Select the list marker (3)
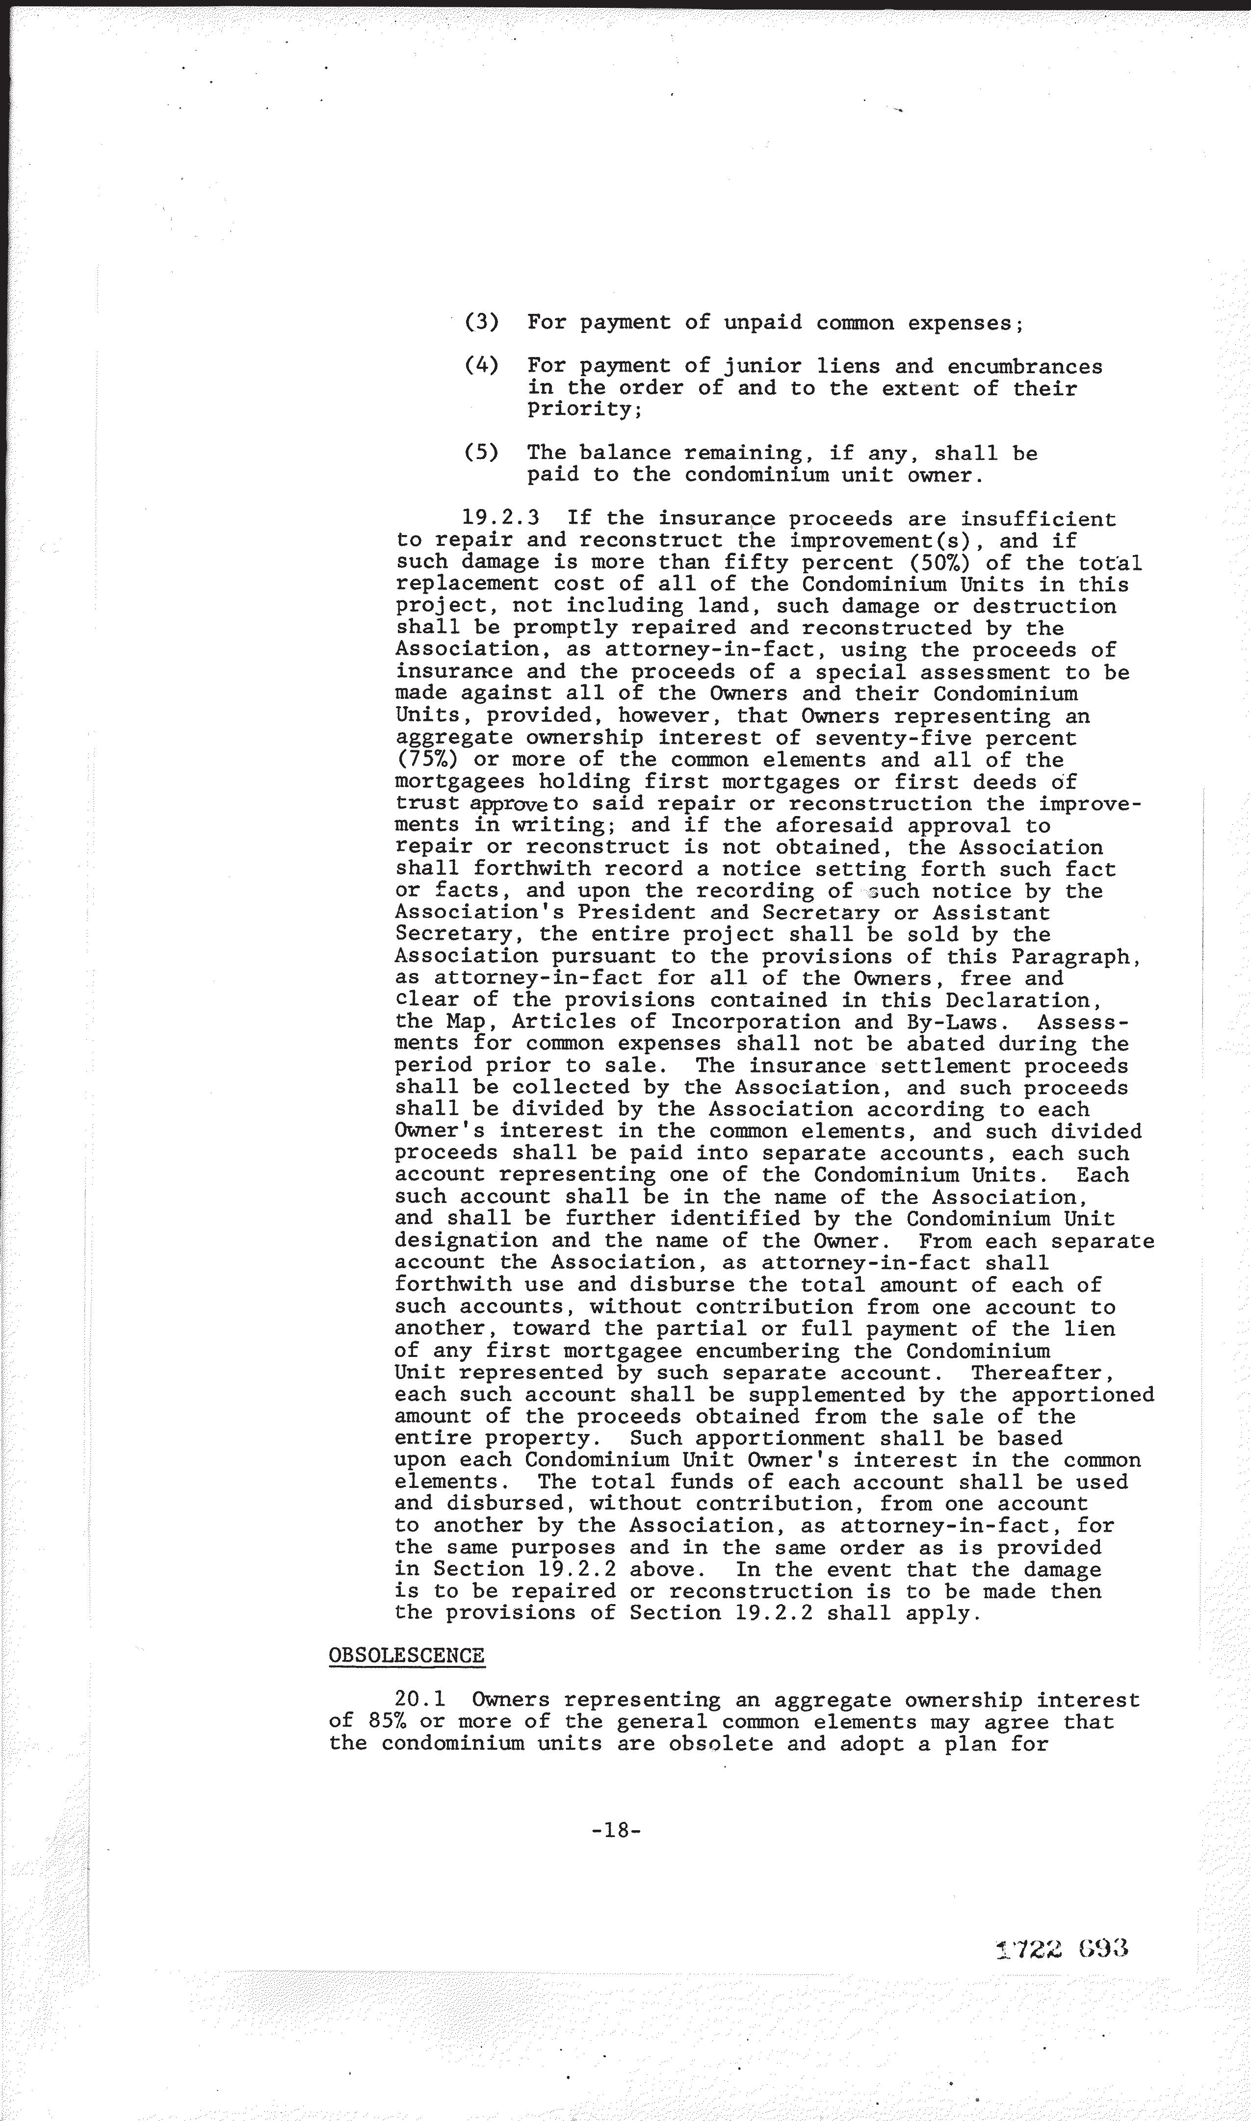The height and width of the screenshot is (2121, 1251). click(481, 323)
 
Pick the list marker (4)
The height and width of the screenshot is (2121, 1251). click(481, 366)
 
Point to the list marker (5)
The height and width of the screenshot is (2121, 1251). click(481, 453)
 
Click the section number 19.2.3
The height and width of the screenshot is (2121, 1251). click(501, 518)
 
